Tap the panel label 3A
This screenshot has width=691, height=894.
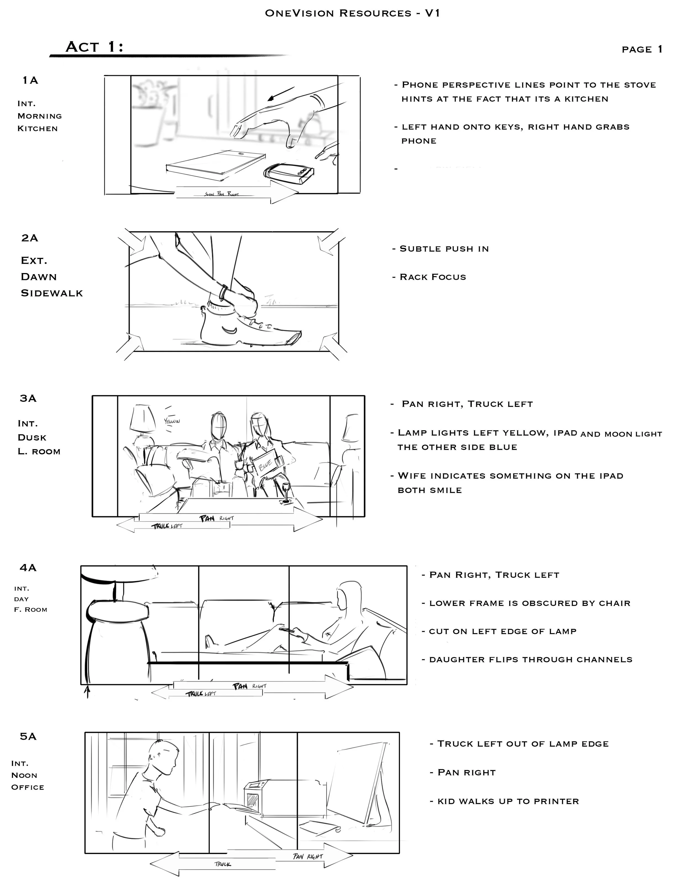pos(28,398)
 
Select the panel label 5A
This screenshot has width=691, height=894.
pos(28,736)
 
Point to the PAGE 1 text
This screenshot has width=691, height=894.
pos(642,49)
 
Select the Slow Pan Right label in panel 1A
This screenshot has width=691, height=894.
pos(221,194)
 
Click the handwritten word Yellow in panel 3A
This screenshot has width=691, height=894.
pos(172,420)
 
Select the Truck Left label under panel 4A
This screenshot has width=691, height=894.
pos(201,694)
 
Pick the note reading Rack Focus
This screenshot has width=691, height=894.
pos(433,277)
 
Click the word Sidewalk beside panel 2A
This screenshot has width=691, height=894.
pos(52,293)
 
